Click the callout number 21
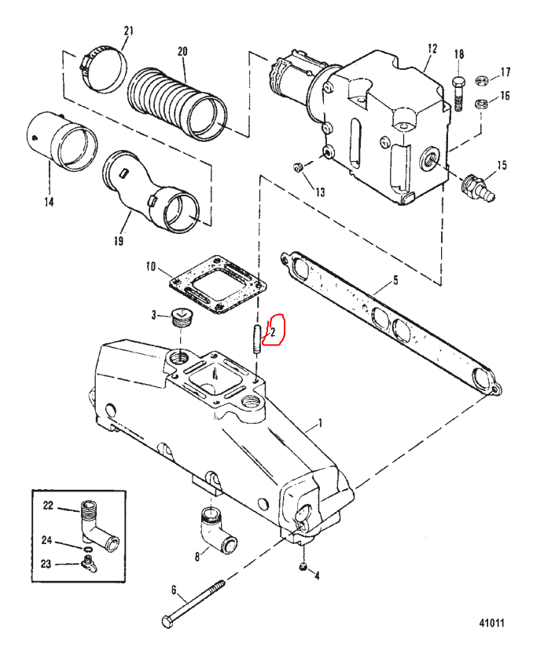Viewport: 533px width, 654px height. [129, 31]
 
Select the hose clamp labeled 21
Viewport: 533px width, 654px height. [103, 70]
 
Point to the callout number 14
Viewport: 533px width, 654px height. [50, 202]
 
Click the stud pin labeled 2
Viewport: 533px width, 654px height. [256, 339]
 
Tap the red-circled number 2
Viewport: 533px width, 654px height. [273, 332]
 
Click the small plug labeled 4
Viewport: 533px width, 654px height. [303, 566]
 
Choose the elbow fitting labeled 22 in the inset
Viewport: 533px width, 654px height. [98, 524]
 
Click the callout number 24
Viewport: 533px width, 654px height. [46, 540]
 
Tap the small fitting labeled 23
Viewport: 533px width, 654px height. [89, 563]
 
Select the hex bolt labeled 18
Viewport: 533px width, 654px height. [458, 93]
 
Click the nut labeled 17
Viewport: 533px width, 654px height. [483, 79]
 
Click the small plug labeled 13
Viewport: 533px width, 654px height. [297, 167]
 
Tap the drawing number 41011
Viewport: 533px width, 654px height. [492, 623]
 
